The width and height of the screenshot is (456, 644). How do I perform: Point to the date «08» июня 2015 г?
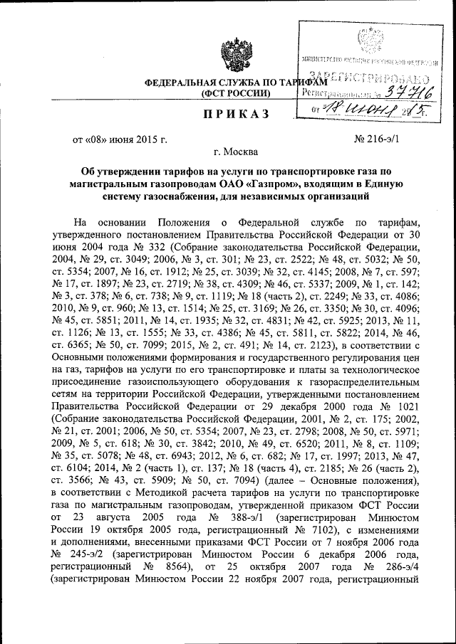pos(120,139)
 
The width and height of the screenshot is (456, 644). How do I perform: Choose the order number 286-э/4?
pos(404,569)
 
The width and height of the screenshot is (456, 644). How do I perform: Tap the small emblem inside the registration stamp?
pos(370,36)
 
